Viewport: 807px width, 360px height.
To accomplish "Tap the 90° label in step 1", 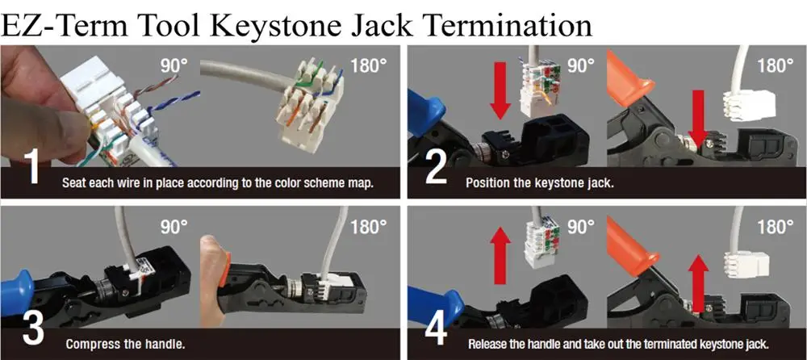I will click(171, 65).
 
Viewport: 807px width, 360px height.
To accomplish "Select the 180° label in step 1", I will click(368, 65).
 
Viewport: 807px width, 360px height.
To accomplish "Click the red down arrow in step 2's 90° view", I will click(501, 94).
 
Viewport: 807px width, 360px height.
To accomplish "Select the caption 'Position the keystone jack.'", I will click(540, 183).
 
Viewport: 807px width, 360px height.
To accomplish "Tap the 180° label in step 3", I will click(368, 226).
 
